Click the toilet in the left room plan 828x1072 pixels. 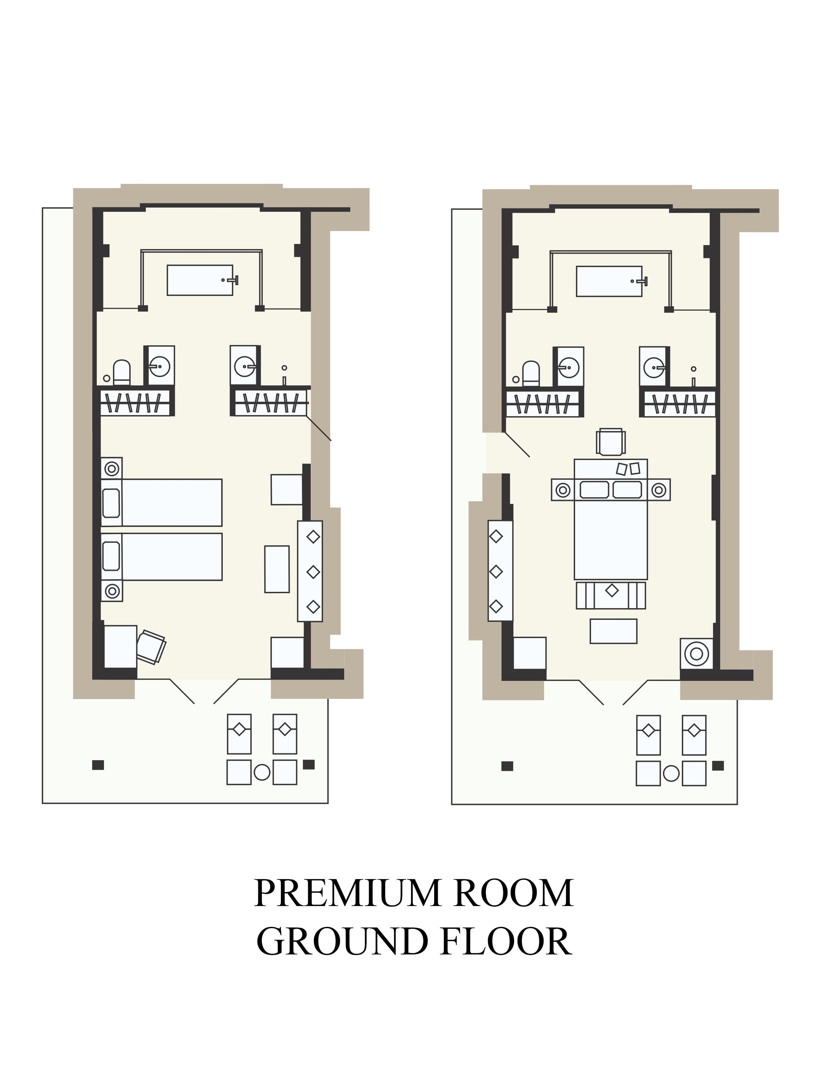[122, 373]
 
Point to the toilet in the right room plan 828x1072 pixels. [531, 374]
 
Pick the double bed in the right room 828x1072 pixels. [611, 519]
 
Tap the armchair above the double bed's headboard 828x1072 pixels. [611, 442]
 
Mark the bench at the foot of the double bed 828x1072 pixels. [611, 595]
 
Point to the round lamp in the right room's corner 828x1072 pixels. [697, 653]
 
